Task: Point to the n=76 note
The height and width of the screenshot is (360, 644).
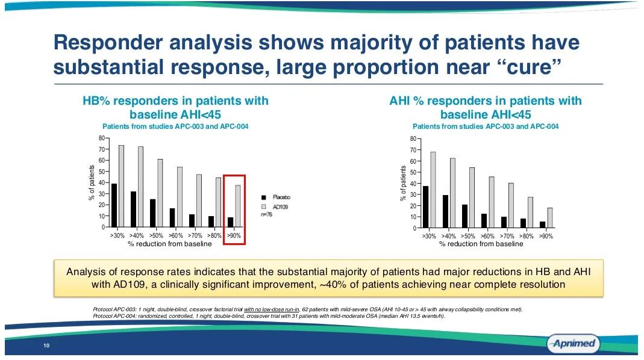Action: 266,215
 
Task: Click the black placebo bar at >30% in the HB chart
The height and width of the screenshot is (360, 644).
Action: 114,205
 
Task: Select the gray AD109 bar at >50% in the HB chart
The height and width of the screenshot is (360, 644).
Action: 160,193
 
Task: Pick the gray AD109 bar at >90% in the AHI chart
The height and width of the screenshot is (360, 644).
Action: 549,218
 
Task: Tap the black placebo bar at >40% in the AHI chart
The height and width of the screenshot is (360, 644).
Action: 445,211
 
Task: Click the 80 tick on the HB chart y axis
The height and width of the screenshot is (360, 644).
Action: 101,138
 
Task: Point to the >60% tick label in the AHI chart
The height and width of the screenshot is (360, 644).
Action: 487,237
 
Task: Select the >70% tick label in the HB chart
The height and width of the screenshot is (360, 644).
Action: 195,235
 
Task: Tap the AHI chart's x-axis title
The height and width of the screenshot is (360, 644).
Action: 481,244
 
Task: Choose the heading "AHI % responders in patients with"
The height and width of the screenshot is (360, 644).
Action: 486,101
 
